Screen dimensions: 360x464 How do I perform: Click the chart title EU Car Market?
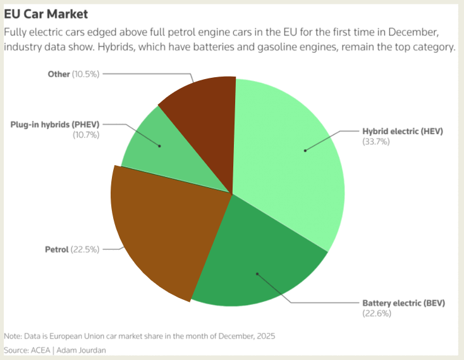pos(46,13)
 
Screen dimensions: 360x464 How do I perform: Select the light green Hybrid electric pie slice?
pos(291,158)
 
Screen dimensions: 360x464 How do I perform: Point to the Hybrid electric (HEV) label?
pos(403,132)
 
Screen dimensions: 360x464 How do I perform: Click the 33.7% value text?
pos(375,142)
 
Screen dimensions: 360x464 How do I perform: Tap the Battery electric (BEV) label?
pos(403,303)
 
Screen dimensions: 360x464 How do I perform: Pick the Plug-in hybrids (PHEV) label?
pos(55,125)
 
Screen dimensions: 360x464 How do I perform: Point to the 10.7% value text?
pos(86,134)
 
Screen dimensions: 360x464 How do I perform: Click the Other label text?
pos(58,74)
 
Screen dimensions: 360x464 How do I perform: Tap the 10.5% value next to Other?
pos(86,74)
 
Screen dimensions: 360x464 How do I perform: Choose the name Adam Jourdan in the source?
pos(87,350)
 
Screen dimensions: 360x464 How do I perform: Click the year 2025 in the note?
pos(264,336)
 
